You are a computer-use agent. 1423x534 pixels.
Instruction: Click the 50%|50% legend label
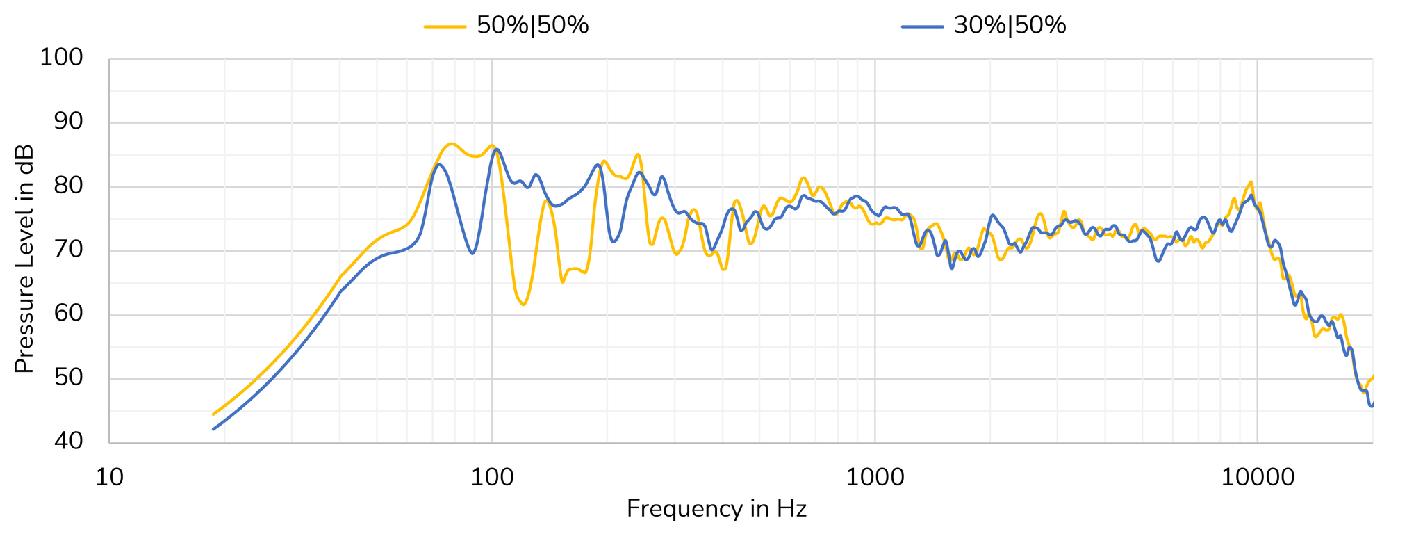tap(532, 26)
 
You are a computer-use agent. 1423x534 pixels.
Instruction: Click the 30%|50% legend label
tap(1010, 26)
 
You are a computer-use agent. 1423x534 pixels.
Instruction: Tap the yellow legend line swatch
tap(445, 26)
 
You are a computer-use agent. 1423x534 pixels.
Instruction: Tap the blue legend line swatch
tap(922, 26)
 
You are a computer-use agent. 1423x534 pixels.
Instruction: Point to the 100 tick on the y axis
tap(61, 58)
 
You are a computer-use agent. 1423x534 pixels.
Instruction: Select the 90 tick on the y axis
tap(68, 122)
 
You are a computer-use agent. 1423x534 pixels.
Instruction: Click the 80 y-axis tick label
tap(68, 186)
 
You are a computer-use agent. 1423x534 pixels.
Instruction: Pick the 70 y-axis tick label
tap(68, 250)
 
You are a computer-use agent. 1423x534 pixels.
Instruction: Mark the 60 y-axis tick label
tap(68, 314)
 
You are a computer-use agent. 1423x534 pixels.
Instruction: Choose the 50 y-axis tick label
tap(68, 378)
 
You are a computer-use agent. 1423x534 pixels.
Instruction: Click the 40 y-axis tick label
tap(68, 442)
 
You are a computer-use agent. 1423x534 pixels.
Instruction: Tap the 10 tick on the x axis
tap(109, 478)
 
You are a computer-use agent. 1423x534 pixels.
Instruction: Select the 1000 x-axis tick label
tap(874, 478)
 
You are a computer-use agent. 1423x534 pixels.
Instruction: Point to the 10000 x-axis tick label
tap(1257, 478)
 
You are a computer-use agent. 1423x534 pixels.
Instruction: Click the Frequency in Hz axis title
tap(716, 509)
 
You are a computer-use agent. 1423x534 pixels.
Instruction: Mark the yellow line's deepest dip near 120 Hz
tap(523, 305)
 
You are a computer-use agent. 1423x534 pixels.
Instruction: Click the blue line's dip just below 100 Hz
tap(472, 253)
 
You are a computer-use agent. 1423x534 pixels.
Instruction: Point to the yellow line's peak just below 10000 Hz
tap(1251, 183)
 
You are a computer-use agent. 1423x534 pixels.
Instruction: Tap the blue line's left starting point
tap(213, 429)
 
